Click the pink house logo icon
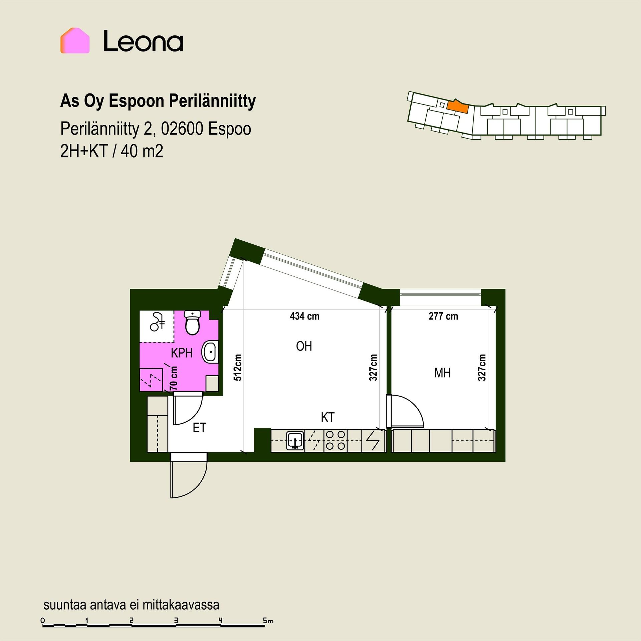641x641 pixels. (x=75, y=40)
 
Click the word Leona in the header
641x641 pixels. (x=143, y=41)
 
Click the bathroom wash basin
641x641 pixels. (x=210, y=352)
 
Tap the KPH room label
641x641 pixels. (x=182, y=353)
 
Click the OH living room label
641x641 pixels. (x=304, y=346)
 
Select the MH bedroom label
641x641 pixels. (x=442, y=373)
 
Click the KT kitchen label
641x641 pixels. (x=328, y=417)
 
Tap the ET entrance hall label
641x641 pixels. (x=199, y=428)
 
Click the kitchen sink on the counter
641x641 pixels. (x=295, y=440)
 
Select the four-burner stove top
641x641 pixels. (x=335, y=440)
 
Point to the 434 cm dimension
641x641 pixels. (x=304, y=316)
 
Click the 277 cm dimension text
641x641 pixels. (x=443, y=316)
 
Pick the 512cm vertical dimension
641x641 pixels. (x=237, y=367)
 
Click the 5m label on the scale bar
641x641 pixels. (x=268, y=621)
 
